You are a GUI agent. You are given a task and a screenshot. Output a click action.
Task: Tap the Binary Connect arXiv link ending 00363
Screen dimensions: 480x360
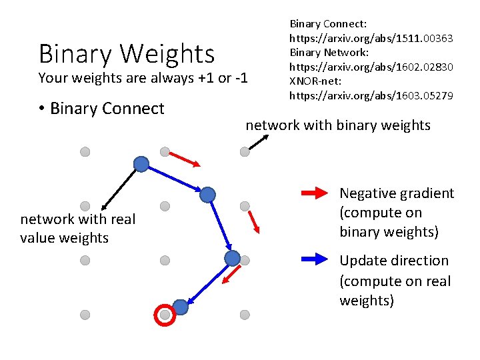(371, 38)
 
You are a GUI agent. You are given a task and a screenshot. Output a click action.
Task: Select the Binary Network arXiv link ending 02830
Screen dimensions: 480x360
(371, 67)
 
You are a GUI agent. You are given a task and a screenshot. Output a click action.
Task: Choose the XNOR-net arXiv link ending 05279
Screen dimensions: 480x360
(371, 95)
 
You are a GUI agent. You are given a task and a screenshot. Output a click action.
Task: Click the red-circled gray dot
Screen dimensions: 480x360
(165, 314)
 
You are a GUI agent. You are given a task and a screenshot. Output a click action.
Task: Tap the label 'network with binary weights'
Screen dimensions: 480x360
(338, 125)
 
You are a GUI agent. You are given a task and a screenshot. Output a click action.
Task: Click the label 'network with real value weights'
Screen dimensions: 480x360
(77, 228)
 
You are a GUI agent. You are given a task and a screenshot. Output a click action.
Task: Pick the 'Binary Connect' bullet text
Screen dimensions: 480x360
(107, 109)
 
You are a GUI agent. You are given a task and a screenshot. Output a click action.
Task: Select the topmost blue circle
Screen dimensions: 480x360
(141, 164)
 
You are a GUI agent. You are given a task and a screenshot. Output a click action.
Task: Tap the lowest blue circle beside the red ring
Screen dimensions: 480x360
(181, 307)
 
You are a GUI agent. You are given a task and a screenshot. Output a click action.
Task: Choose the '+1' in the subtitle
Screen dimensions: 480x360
(205, 78)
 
